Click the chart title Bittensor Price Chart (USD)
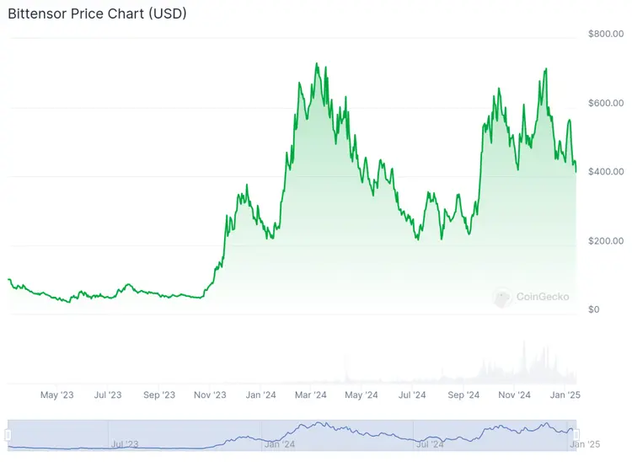click(97, 14)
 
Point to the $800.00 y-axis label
click(606, 34)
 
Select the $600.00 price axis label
click(606, 103)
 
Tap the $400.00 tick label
click(606, 172)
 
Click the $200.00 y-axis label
click(606, 241)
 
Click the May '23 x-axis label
click(57, 395)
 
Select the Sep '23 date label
click(158, 395)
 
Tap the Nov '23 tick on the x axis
click(210, 395)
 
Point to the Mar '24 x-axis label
click(311, 395)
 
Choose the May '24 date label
click(361, 395)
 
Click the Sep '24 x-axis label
click(463, 395)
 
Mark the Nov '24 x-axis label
click(513, 395)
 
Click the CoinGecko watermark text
click(543, 297)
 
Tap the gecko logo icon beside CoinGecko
click(503, 298)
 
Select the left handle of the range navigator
click(8, 434)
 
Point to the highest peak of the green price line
click(316, 63)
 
